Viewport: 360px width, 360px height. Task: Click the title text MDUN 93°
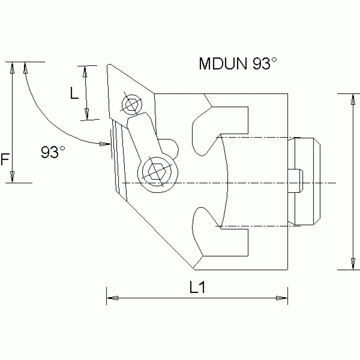point(235,63)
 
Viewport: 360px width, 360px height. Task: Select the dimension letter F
point(5,161)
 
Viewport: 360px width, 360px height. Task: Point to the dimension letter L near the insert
point(74,93)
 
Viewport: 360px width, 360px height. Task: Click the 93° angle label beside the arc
point(53,152)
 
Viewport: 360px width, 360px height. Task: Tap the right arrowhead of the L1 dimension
point(281,298)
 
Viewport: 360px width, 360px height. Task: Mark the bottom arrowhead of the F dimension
point(13,176)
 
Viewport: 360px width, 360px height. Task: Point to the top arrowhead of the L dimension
point(85,72)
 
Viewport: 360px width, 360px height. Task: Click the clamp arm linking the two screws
point(142,136)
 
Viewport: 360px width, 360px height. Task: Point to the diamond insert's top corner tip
point(108,66)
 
